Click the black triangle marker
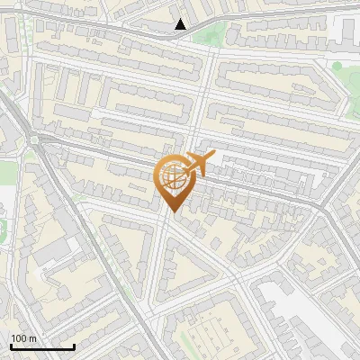tap(181, 24)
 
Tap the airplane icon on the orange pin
tap(199, 165)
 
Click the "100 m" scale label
tap(24, 338)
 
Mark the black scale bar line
tap(42, 347)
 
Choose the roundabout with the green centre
tap(35, 139)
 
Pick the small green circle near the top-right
tap(337, 66)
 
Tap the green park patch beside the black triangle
tap(209, 36)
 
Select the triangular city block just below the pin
tap(184, 270)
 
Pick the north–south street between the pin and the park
tap(203, 99)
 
